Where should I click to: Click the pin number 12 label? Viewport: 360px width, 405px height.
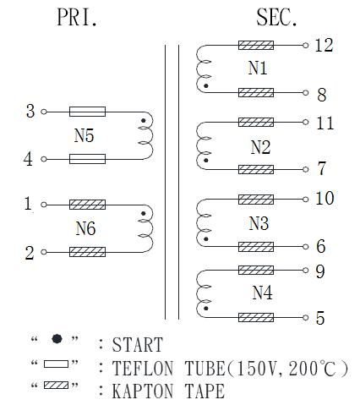(x=324, y=45)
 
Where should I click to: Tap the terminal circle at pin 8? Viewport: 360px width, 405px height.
(x=306, y=92)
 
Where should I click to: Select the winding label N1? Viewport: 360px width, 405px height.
(x=258, y=68)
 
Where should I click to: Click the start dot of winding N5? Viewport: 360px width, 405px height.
(x=144, y=121)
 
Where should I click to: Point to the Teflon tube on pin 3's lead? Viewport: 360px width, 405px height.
(x=87, y=112)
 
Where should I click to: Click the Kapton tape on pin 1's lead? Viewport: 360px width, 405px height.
(x=87, y=205)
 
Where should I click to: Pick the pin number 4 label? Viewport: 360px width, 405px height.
(x=28, y=159)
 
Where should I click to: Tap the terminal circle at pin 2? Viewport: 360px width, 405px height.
(x=44, y=252)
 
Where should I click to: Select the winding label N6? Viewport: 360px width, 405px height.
(x=85, y=228)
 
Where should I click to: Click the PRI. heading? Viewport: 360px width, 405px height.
(x=77, y=18)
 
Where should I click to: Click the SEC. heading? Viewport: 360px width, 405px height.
(x=276, y=18)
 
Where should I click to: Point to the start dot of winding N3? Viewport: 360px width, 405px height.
(x=206, y=239)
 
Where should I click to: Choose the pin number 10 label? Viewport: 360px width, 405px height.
(x=325, y=198)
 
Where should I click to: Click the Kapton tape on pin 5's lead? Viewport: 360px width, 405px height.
(x=256, y=317)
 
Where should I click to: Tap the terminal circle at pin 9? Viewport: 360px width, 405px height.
(x=306, y=270)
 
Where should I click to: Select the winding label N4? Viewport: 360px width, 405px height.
(x=262, y=293)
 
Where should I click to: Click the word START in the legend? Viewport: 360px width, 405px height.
(x=138, y=344)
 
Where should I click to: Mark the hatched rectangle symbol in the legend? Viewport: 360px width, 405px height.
(x=56, y=385)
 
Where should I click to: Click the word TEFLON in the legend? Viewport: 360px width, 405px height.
(x=143, y=369)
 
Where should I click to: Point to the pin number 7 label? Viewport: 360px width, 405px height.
(x=322, y=168)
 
